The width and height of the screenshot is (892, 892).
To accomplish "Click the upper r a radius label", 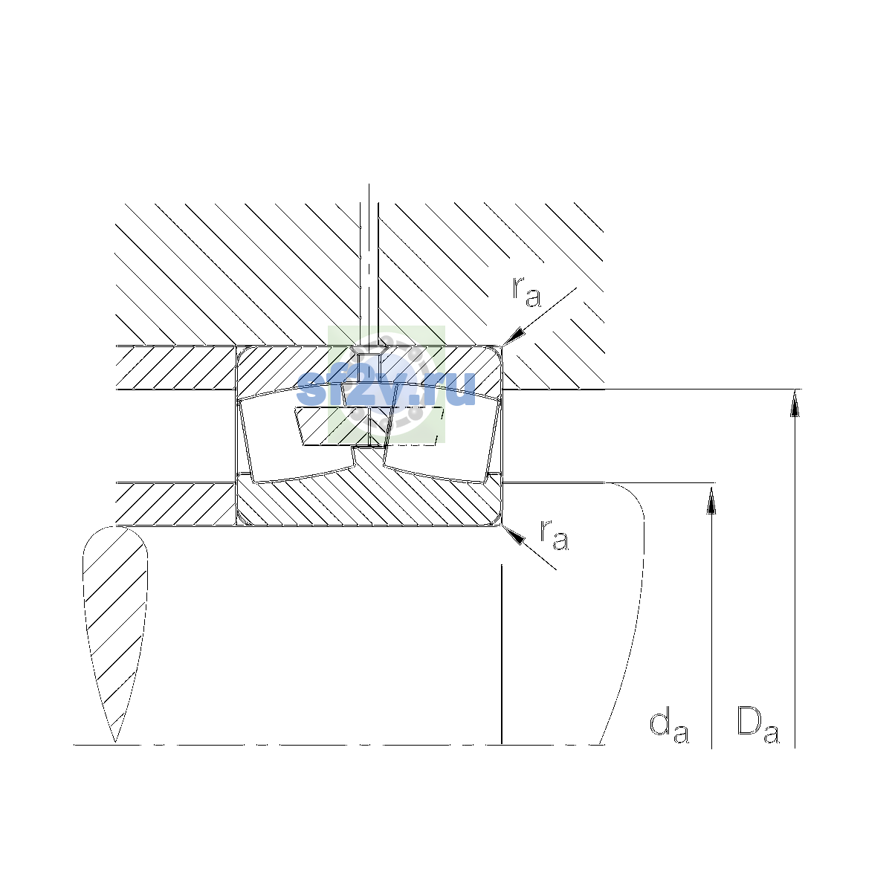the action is [526, 291].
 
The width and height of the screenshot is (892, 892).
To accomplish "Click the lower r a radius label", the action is [554, 535].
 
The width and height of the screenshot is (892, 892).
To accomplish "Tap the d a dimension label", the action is [669, 726].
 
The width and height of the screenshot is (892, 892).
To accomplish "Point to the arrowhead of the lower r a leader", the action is [514, 535].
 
